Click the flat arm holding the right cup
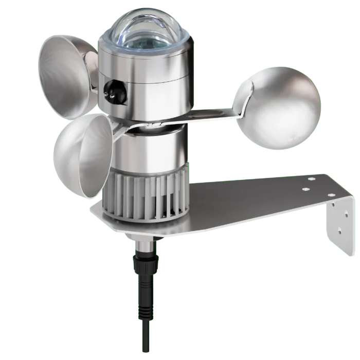click(206, 116)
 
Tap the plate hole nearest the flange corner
click(311, 180)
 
